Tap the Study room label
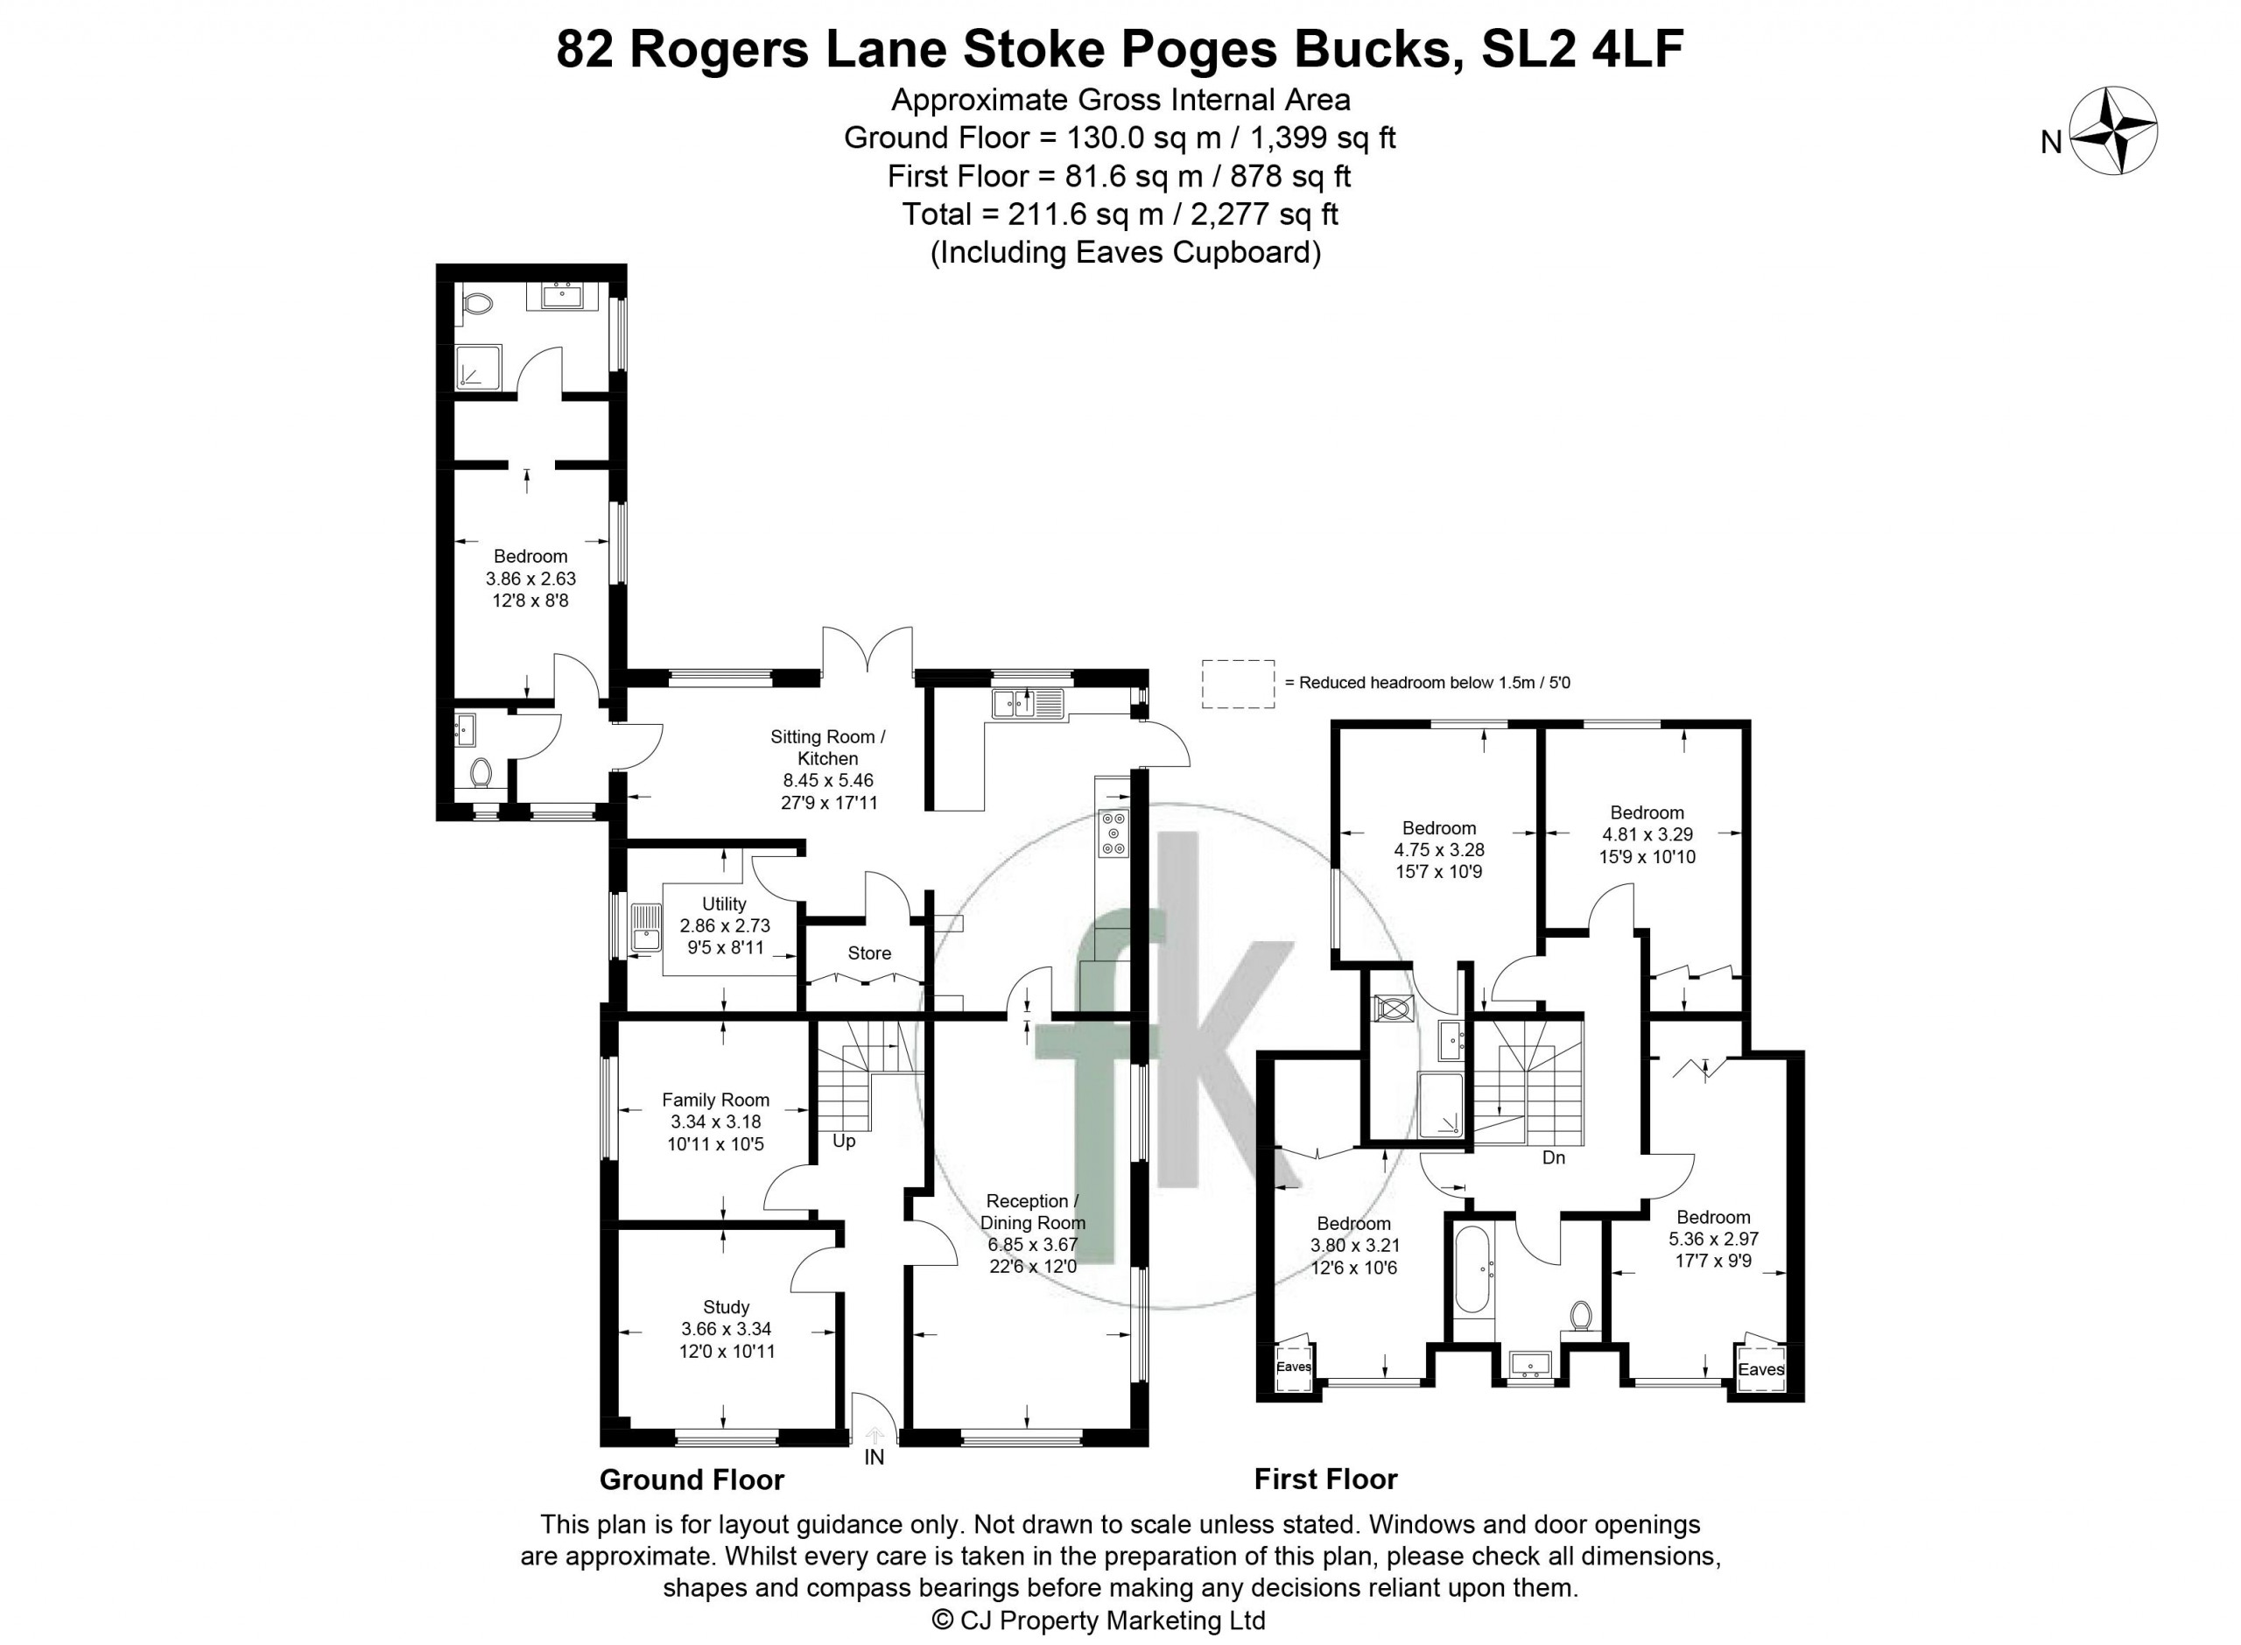tap(726, 1306)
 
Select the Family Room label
tap(716, 1100)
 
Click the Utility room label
tap(724, 903)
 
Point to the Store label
tap(869, 953)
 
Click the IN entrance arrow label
tap(875, 1458)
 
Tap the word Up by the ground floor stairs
tap(843, 1141)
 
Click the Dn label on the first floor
tap(1553, 1157)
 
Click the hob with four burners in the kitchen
tap(1112, 833)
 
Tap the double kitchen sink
tap(1028, 703)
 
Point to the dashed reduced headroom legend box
tap(1238, 683)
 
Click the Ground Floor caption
tap(692, 1480)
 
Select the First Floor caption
tap(1325, 1480)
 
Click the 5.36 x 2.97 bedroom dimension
tap(1713, 1240)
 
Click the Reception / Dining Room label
tap(1032, 1212)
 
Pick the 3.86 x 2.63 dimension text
tap(530, 579)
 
